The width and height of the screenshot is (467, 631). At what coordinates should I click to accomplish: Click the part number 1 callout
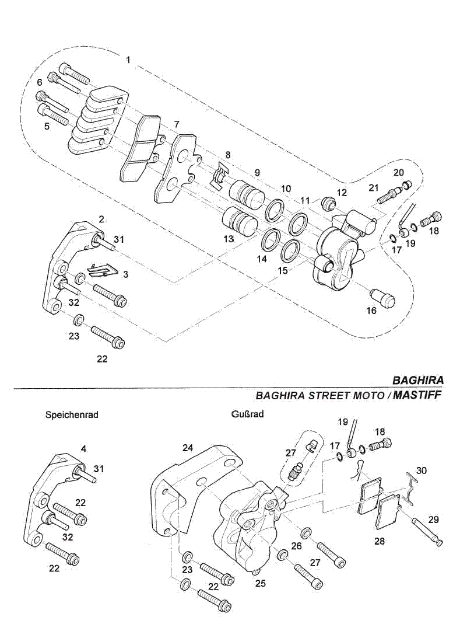(128, 60)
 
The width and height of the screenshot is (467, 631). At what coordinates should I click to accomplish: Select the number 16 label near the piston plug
(371, 311)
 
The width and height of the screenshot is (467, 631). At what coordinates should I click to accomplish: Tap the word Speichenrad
(72, 415)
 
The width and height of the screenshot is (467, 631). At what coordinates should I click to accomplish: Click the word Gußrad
(247, 414)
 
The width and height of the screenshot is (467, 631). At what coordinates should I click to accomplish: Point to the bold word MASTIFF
(418, 395)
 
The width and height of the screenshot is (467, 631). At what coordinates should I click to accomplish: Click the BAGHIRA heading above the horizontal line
(417, 379)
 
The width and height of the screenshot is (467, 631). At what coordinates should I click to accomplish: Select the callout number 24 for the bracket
(187, 448)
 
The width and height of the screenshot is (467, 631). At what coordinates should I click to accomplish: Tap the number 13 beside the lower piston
(228, 239)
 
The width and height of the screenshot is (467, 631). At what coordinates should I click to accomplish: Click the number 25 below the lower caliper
(261, 583)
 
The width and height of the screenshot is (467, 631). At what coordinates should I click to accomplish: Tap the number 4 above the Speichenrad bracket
(84, 449)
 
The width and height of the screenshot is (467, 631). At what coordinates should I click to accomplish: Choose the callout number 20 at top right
(399, 172)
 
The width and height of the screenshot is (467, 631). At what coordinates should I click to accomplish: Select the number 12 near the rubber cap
(342, 192)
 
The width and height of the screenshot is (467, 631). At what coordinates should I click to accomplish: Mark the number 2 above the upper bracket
(101, 219)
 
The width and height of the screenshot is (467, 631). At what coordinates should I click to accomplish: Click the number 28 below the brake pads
(380, 541)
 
